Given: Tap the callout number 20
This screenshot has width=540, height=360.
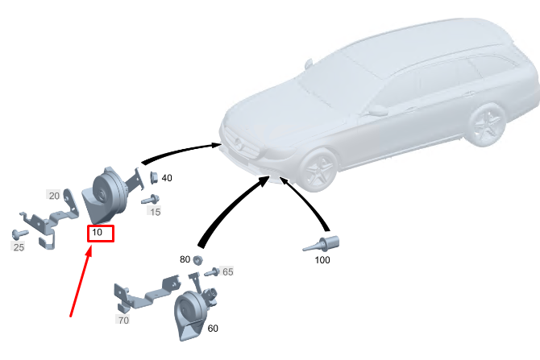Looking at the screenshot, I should tap(54, 196).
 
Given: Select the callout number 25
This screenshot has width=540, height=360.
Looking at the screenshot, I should tap(19, 247).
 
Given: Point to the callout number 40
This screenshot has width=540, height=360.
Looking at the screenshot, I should tap(167, 178).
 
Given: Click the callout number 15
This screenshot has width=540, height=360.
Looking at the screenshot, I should tap(155, 212).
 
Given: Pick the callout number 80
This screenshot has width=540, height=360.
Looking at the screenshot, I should tap(185, 259).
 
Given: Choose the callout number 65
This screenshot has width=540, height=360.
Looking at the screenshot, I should tap(228, 272).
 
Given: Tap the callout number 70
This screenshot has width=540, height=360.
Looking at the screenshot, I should tap(123, 321).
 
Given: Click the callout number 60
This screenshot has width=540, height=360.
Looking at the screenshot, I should tap(213, 329).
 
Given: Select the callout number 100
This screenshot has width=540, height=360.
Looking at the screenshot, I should tap(322, 261).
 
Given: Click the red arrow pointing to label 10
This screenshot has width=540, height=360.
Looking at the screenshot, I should tap(81, 282).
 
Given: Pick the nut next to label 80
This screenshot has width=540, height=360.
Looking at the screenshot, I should tap(197, 259).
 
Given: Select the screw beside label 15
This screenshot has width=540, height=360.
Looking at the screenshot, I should tap(150, 199).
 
